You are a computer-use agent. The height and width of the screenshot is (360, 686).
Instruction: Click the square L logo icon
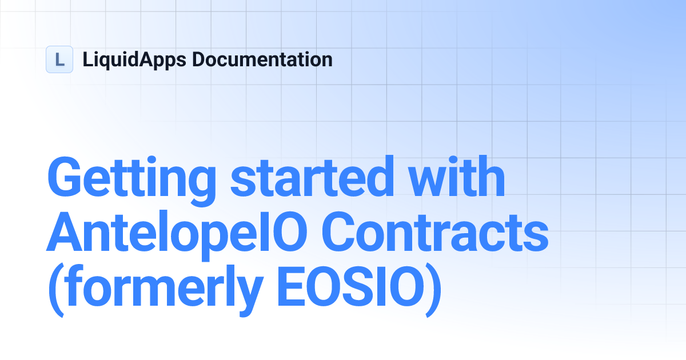59,59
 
